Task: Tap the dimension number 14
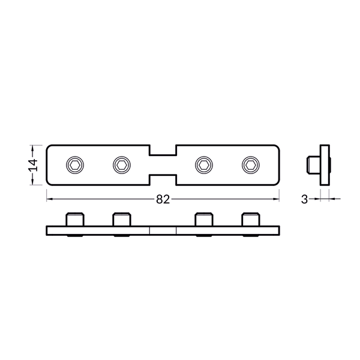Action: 34,164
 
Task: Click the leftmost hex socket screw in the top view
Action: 75,164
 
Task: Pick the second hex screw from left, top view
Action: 122,164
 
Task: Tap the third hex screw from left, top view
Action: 204,164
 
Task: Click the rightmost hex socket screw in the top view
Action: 250,164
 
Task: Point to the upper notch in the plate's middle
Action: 163,150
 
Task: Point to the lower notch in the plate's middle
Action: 163,179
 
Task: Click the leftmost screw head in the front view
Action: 75,219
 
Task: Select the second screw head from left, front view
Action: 122,219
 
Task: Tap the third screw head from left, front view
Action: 204,219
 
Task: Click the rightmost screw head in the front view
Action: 250,219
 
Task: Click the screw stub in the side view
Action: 312,163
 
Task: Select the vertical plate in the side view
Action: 325,163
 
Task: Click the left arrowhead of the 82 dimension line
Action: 49,198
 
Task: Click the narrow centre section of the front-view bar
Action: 163,230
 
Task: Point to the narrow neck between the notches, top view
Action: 163,164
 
